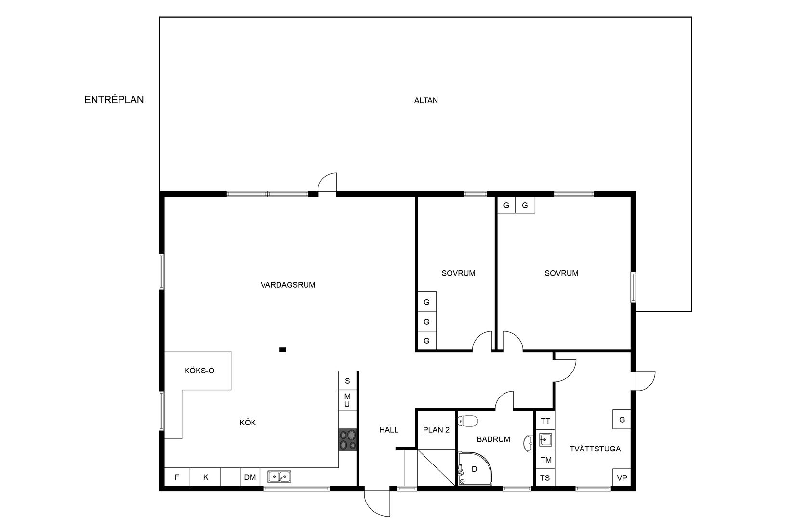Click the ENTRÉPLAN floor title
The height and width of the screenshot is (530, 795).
[x=114, y=100]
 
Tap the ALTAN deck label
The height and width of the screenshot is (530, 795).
[x=426, y=101]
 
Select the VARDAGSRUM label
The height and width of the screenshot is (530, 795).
[x=288, y=285]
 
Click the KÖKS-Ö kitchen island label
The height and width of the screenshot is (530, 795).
[x=199, y=371]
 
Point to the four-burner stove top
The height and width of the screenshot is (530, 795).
[x=347, y=440]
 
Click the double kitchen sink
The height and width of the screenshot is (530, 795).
[x=279, y=477]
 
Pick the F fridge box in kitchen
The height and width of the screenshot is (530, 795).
[x=177, y=477]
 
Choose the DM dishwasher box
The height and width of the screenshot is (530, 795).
[x=250, y=477]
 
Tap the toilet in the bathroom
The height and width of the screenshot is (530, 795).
[x=468, y=421]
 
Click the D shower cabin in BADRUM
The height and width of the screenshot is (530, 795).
[x=474, y=469]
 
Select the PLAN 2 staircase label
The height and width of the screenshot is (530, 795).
[x=436, y=430]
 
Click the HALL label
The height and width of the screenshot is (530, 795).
[x=389, y=430]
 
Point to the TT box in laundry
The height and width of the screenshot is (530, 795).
[x=545, y=421]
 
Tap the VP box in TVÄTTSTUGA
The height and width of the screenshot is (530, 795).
[x=622, y=478]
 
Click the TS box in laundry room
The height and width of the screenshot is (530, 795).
[x=545, y=478]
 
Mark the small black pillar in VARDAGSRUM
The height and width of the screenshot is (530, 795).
[x=282, y=350]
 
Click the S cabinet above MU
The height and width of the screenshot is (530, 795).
[x=347, y=381]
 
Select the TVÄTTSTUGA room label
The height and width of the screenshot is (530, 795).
[x=595, y=449]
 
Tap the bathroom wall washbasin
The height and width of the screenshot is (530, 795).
[x=528, y=443]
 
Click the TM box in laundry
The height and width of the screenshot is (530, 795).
[x=545, y=460]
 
